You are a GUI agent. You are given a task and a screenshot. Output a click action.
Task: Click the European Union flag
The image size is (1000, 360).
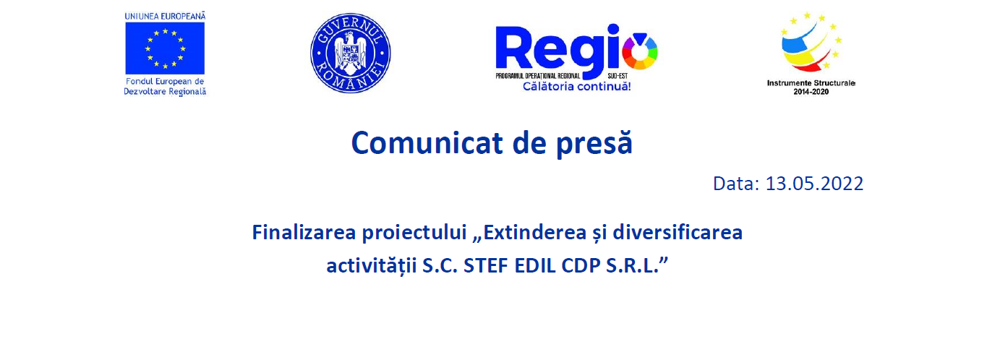(165, 48)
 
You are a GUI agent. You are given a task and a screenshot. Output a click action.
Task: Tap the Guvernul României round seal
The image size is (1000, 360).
(351, 53)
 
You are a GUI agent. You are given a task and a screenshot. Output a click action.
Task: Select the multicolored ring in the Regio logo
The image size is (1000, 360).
(640, 51)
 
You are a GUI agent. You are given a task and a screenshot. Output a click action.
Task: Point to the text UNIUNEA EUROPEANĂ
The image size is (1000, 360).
(165, 16)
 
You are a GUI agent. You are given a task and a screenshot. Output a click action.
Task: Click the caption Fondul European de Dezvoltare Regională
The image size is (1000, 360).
(165, 87)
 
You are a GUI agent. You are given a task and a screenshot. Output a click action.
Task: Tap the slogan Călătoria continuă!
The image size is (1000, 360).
(577, 86)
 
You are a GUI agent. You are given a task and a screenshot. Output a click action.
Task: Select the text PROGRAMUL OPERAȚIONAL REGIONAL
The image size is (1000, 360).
(537, 76)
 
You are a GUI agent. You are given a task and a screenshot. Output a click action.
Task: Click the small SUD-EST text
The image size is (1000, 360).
(617, 76)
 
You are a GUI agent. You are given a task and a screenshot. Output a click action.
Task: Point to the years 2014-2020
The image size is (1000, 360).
(811, 92)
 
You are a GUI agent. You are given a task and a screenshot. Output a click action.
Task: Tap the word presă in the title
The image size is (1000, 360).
(594, 143)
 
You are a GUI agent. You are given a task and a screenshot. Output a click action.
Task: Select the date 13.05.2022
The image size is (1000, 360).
(814, 184)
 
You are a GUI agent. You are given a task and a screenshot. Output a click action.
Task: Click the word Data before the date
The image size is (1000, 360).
(736, 184)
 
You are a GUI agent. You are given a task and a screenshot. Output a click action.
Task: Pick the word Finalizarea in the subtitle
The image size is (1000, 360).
(304, 232)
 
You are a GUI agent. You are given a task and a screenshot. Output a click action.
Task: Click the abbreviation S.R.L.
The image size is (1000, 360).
(633, 266)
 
